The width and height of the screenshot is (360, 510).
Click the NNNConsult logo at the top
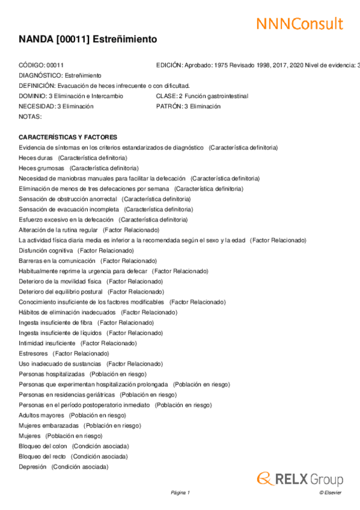pyautogui.click(x=299, y=23)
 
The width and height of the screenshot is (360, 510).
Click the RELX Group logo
pyautogui.click(x=300, y=479)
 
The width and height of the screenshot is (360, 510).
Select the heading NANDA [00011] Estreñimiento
pyautogui.click(x=88, y=39)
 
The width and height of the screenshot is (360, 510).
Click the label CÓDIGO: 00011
pyautogui.click(x=41, y=65)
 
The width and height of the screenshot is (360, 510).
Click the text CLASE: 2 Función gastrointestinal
pyautogui.click(x=201, y=96)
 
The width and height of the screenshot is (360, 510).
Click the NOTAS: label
pyautogui.click(x=30, y=117)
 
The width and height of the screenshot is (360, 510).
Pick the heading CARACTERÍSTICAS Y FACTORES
pyautogui.click(x=68, y=137)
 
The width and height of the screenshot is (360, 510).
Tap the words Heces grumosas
pyautogui.click(x=41, y=168)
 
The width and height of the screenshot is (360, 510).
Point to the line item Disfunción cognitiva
pyautogui.click(x=46, y=250)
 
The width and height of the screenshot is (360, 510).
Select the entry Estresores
pyautogui.click(x=33, y=353)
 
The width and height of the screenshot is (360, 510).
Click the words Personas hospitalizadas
pyautogui.click(x=52, y=373)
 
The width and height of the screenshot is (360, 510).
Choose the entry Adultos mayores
pyautogui.click(x=41, y=415)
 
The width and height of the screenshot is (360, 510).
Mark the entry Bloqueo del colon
pyautogui.click(x=43, y=446)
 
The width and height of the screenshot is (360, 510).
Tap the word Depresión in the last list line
pyautogui.click(x=32, y=466)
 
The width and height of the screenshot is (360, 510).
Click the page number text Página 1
pyautogui.click(x=180, y=493)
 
